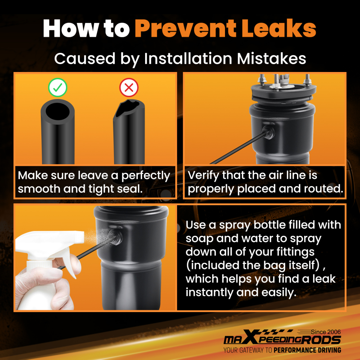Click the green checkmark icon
58,87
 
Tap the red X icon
129,87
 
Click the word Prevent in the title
185,28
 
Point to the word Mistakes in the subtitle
271,59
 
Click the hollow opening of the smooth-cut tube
57,111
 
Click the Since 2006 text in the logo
326,332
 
